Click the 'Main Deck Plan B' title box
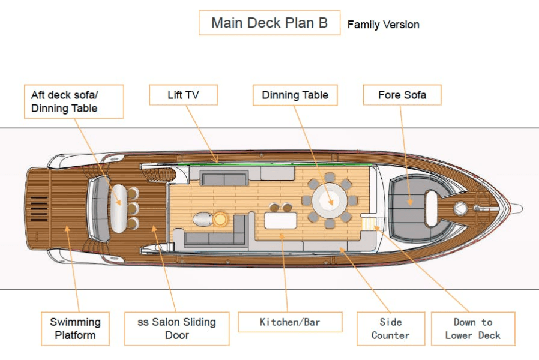point(269,23)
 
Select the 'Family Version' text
point(383,25)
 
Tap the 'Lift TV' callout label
point(183,95)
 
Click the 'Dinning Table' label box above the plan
point(295,95)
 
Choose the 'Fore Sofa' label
point(402,95)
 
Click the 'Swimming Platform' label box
point(75,329)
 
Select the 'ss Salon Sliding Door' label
point(176,329)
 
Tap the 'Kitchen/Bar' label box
point(290,322)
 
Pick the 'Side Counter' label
point(390,329)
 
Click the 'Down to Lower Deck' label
point(473,329)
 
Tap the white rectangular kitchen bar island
point(280,221)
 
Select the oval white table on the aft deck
point(118,207)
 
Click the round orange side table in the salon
point(221,219)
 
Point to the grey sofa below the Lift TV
point(224,178)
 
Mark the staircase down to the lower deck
point(367,224)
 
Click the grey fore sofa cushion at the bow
point(405,201)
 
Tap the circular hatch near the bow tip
point(460,208)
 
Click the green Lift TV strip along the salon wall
point(270,163)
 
